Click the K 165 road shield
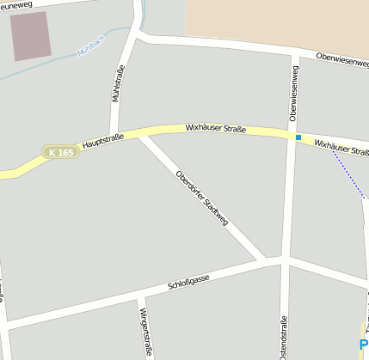click(62, 152)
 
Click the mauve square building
click(31, 35)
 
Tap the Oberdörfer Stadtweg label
click(202, 198)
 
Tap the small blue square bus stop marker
click(298, 137)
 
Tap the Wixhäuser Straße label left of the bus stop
click(216, 129)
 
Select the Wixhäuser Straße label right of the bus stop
click(341, 148)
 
